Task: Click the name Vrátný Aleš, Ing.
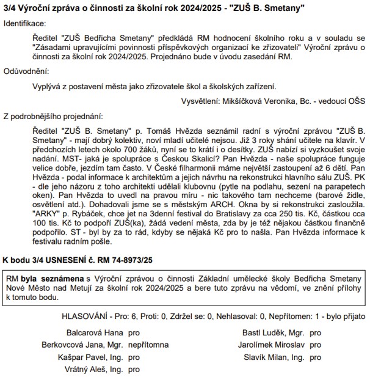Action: pyautogui.click(x=94, y=370)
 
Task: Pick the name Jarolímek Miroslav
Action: pyautogui.click(x=273, y=346)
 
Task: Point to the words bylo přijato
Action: pyautogui.click(x=345, y=317)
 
